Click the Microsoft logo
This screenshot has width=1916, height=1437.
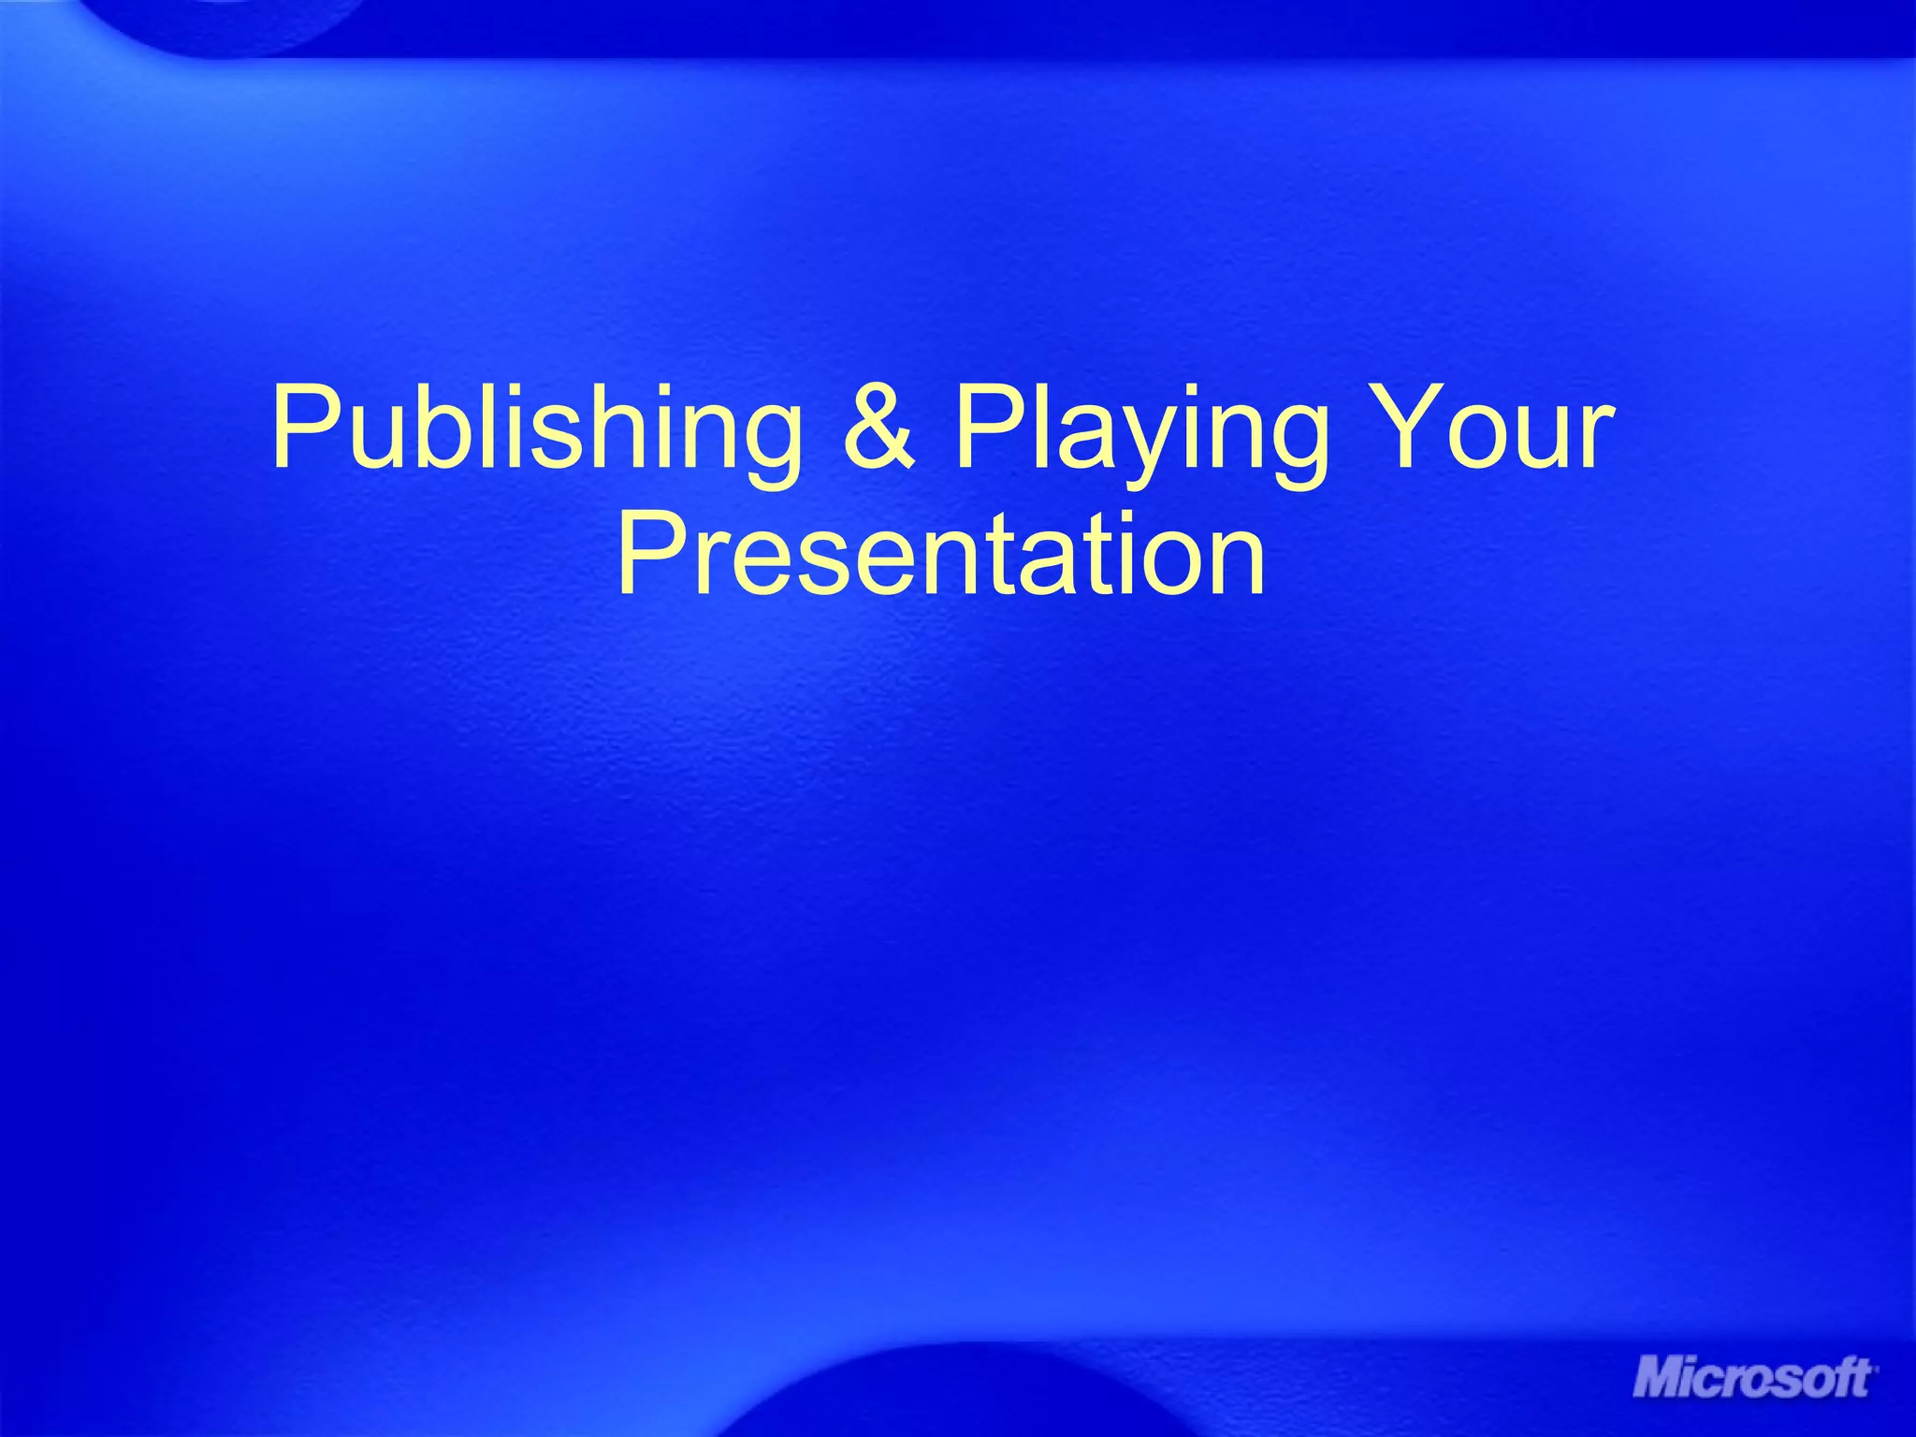coord(1753,1379)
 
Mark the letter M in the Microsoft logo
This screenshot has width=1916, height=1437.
coord(1661,1380)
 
